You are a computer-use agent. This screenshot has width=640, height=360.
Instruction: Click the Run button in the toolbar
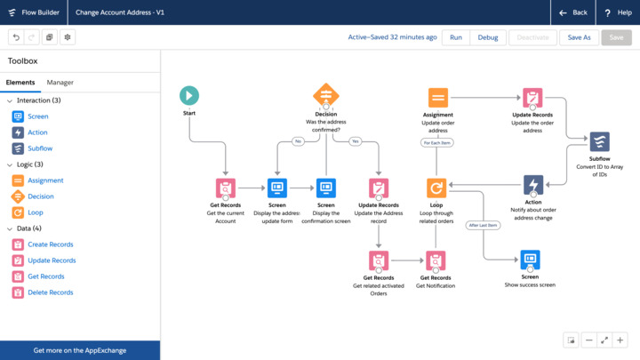coord(456,37)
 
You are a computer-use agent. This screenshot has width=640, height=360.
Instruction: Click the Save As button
coord(579,37)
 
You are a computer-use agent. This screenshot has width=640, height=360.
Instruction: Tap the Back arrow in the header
coord(573,12)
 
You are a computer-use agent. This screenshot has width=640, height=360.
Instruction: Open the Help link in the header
coord(619,12)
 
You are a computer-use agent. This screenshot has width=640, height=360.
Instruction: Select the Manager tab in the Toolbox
coord(60,83)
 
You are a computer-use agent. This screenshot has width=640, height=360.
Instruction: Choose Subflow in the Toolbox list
coord(39,148)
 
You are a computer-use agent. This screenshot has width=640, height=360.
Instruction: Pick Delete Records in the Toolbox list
coord(50,292)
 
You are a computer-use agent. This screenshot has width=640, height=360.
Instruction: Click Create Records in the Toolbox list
coord(50,244)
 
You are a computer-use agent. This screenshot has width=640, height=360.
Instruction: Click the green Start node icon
coord(188,95)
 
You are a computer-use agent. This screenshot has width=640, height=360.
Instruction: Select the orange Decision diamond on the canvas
coord(326,95)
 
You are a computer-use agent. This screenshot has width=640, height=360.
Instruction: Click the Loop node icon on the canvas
coord(436,188)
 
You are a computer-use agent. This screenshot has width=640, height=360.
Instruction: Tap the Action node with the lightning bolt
coord(533,185)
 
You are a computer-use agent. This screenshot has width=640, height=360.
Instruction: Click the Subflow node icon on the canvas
coord(600,141)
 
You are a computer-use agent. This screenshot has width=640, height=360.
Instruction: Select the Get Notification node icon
coord(436,260)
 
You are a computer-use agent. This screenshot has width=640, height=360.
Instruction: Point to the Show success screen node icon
coord(530,259)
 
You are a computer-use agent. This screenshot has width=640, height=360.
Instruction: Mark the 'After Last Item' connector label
coord(483,225)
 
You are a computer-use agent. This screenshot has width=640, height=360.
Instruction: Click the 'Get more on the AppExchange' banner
coord(80,350)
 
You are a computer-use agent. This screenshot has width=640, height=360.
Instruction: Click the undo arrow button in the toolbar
coord(16,37)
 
